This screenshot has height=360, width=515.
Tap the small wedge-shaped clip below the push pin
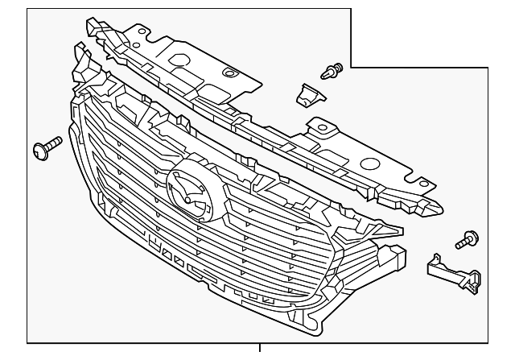307,94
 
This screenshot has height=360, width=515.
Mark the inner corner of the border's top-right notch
352,67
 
